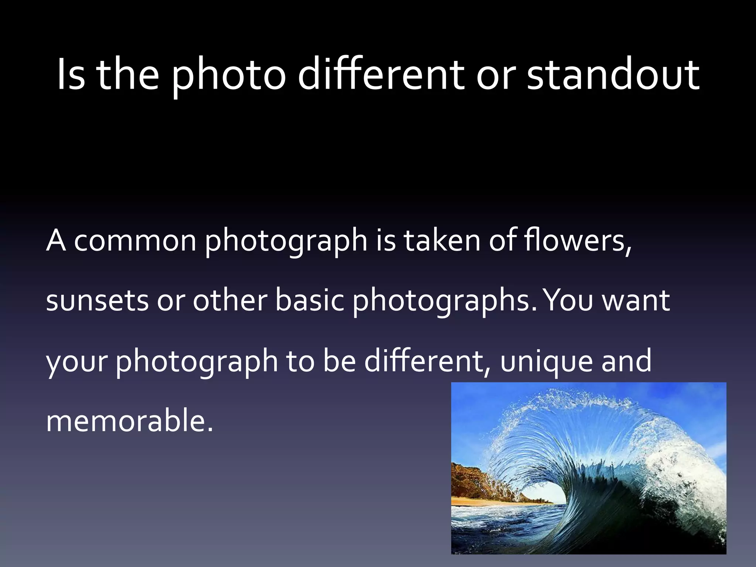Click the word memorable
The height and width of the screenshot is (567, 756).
point(129,421)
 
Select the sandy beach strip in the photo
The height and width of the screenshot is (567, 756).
point(480,501)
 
